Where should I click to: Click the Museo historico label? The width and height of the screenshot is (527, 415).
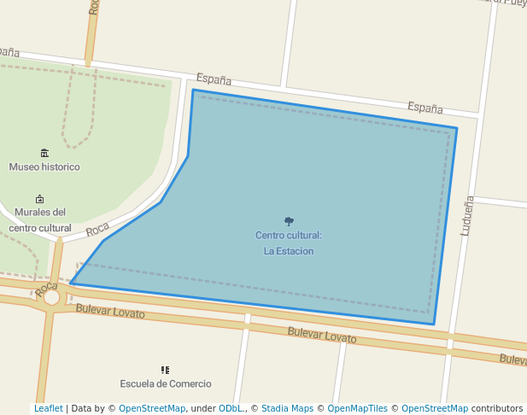(44, 167)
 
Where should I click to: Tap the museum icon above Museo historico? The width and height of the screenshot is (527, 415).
(44, 153)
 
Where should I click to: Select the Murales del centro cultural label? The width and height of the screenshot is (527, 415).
(40, 220)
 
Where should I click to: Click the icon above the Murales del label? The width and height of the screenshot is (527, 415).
(39, 199)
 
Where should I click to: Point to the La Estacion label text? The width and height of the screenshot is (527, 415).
(289, 251)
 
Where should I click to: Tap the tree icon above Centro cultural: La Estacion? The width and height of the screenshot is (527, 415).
(289, 221)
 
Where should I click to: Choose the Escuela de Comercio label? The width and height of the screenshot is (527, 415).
(166, 384)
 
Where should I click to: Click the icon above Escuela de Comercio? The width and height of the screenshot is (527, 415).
(166, 370)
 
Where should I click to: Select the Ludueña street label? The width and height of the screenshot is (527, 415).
(467, 216)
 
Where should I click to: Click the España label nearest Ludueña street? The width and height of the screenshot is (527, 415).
(425, 108)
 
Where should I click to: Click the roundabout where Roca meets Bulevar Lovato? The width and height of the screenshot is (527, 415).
(52, 297)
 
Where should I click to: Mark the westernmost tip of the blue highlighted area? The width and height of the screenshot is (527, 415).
(71, 283)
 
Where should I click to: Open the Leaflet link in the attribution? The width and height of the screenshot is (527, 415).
(49, 409)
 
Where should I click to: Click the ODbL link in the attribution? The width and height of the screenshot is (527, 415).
(231, 409)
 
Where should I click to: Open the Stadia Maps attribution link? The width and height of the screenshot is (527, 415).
(287, 409)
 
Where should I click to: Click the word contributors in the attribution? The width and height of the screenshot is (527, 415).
(497, 409)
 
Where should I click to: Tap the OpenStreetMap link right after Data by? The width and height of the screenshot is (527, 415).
(152, 409)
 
